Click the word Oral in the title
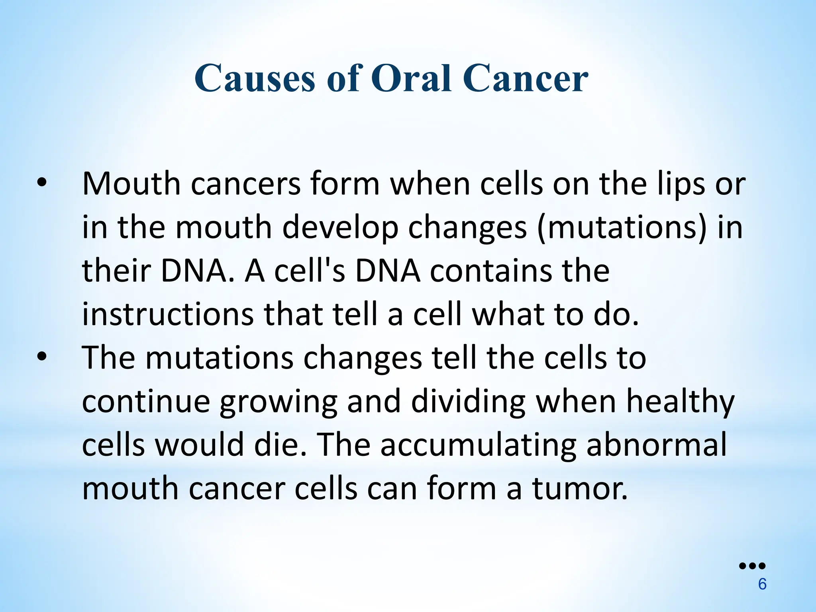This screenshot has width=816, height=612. tap(413, 78)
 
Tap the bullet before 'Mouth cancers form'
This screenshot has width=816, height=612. tap(41, 183)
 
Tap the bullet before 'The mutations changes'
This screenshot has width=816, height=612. tap(41, 357)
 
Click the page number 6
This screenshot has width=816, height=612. tap(762, 585)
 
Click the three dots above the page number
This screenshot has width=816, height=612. tap(752, 566)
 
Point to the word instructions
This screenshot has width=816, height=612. tap(168, 314)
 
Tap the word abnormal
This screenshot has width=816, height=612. tap(657, 445)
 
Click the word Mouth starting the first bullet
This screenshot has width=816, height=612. tap(131, 184)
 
